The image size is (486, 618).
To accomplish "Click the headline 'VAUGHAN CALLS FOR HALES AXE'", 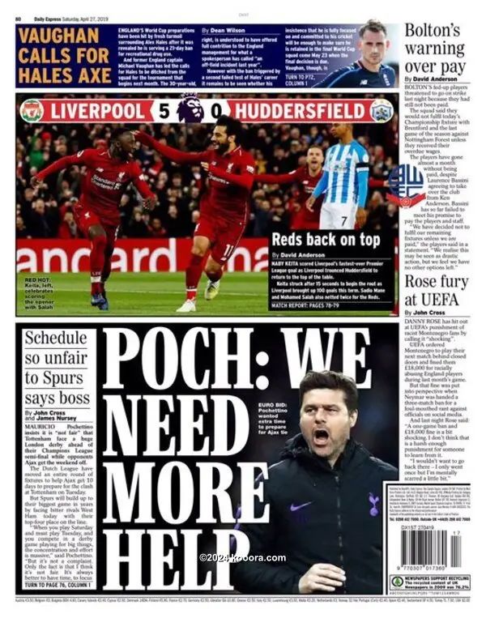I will (x=63, y=55).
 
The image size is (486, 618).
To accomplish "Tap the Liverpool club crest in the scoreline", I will (x=32, y=110).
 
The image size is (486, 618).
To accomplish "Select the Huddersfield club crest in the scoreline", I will (x=381, y=110).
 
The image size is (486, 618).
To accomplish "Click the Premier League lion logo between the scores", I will (x=191, y=109).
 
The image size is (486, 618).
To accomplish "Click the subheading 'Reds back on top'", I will (x=325, y=240).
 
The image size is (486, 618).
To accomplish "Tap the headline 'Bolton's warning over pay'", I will (x=437, y=49).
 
